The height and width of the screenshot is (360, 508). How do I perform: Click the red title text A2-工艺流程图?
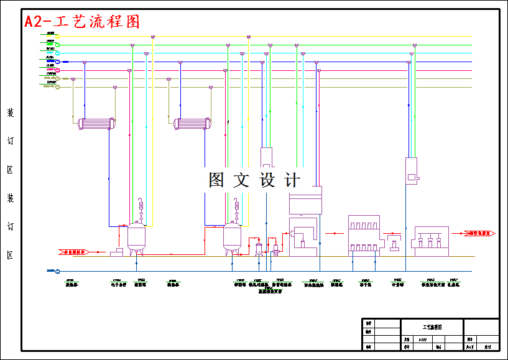(82, 21)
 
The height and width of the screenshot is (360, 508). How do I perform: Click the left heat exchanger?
(97, 124)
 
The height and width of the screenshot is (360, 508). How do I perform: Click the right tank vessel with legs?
(233, 238)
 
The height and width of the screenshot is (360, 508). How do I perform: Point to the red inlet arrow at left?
(74, 252)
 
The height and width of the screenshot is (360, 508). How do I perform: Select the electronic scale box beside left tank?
(116, 252)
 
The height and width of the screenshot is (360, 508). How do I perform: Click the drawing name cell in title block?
(432, 326)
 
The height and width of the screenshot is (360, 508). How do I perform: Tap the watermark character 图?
(216, 180)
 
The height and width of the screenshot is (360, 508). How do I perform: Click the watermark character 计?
(291, 180)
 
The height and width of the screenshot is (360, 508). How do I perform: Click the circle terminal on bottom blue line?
(58, 271)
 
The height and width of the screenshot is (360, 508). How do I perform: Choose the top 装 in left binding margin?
(10, 113)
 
